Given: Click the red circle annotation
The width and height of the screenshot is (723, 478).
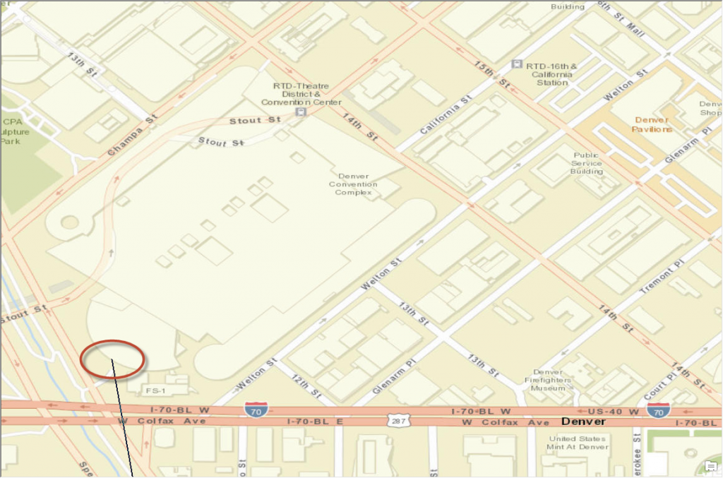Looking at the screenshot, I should [x=113, y=357].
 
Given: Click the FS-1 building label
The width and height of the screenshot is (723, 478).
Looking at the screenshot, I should [x=155, y=390].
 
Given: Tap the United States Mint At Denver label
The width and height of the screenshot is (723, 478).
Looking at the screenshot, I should [x=578, y=443].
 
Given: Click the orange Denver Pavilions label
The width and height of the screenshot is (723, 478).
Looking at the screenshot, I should [x=652, y=124].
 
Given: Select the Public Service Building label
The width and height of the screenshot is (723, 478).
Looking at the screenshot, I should [x=587, y=163].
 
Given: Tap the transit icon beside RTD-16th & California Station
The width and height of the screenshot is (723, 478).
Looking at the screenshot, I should [x=517, y=64].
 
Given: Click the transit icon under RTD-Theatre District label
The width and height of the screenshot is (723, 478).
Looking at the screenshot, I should [x=301, y=112].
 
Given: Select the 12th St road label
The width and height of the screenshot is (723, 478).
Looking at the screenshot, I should [x=306, y=386].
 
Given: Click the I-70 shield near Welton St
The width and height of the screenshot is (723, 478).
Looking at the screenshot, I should [x=256, y=409].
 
